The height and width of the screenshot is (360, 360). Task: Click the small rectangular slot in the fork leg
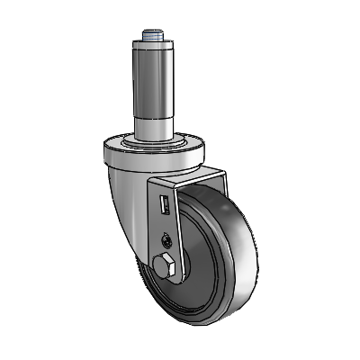(x=165, y=206)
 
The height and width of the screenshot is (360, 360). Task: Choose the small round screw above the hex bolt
(x=166, y=239)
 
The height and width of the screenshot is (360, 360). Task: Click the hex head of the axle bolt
(x=163, y=267)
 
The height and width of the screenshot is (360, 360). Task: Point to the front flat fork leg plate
(x=171, y=225)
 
